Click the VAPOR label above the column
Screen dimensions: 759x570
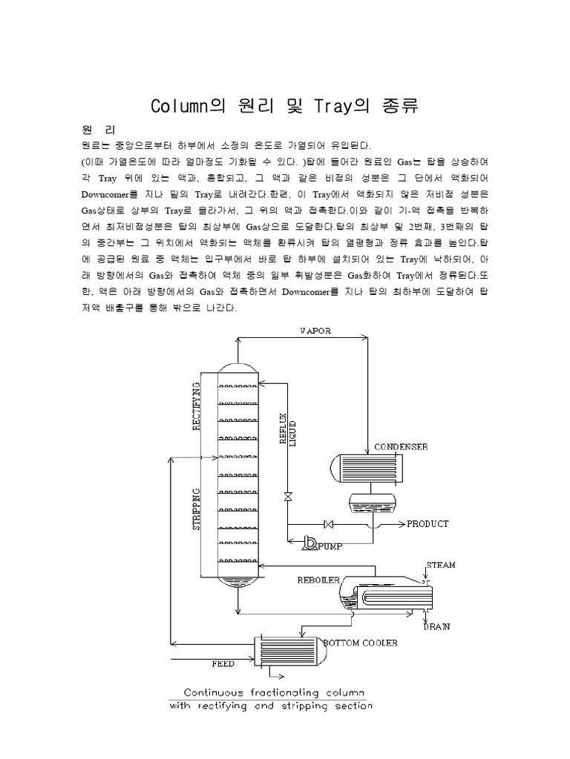[x=315, y=331]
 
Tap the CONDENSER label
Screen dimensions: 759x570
[x=402, y=447]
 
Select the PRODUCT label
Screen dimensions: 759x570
[x=427, y=524]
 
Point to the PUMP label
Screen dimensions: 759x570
[x=330, y=548]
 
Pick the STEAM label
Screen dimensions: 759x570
[x=440, y=566]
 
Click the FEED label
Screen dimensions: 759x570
[x=223, y=663]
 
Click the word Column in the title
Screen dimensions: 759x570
[x=179, y=106]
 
